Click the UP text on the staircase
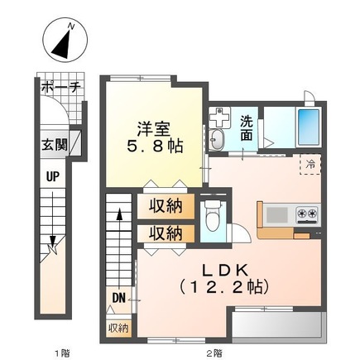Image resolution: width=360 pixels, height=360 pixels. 52,176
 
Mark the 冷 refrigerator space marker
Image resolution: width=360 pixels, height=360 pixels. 307,166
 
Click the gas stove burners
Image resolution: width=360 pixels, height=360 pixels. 307,216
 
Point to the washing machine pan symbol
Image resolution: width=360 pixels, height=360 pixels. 219,115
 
